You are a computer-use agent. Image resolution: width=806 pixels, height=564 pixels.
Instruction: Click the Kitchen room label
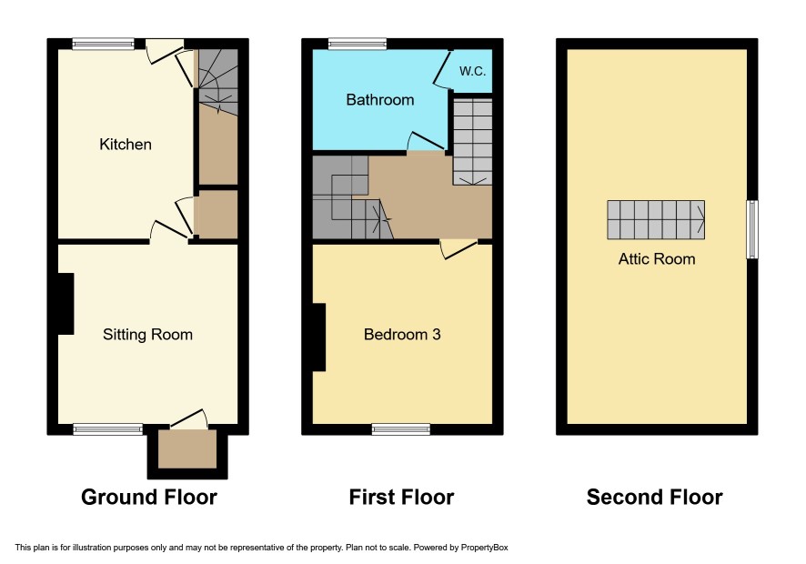(x=126, y=145)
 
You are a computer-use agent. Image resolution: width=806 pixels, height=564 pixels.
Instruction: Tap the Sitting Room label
(x=147, y=335)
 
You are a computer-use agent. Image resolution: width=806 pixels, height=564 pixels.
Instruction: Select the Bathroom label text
(x=380, y=100)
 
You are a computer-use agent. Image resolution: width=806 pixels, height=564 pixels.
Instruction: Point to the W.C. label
(x=472, y=72)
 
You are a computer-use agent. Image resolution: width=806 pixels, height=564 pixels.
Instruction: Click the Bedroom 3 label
(x=402, y=335)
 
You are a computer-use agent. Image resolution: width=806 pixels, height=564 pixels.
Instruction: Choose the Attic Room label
(x=657, y=258)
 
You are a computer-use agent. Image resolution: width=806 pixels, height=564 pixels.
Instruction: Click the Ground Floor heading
(x=149, y=498)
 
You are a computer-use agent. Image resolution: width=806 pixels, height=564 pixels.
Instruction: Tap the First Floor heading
(x=401, y=498)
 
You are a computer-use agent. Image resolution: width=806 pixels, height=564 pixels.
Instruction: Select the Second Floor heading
(x=654, y=498)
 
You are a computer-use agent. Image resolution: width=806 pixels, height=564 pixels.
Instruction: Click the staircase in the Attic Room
(x=656, y=220)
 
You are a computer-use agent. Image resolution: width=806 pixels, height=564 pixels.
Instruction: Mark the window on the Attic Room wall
(x=752, y=229)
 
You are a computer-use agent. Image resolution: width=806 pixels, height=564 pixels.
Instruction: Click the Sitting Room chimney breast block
(x=66, y=304)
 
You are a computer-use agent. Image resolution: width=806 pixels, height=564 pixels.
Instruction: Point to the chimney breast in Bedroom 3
(x=319, y=337)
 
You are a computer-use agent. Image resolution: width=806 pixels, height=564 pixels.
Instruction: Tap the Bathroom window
(x=358, y=45)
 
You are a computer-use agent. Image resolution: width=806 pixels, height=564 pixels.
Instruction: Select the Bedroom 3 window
(x=401, y=429)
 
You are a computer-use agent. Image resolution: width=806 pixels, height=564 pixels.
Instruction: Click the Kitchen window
(x=104, y=45)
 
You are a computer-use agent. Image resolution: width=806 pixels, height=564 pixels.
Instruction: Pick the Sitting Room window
(x=108, y=429)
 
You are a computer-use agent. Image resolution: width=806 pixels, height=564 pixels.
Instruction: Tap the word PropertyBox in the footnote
(x=484, y=548)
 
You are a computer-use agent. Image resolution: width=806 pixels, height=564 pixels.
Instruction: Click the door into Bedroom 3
(x=459, y=248)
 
